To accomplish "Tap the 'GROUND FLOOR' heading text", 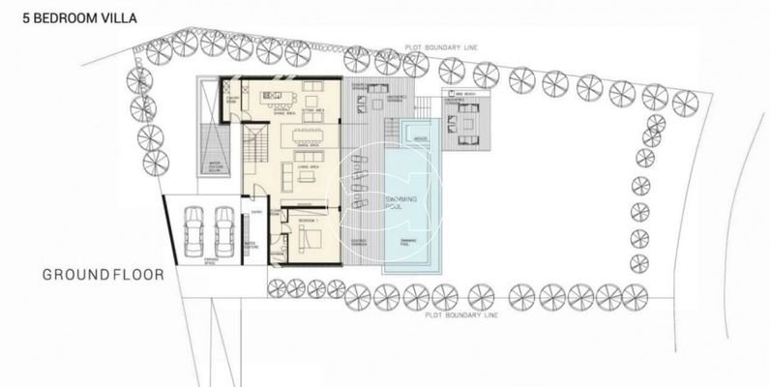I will pyautogui.click(x=103, y=275).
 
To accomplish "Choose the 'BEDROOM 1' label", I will pyautogui.click(x=307, y=222).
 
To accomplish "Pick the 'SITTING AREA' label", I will pyautogui.click(x=313, y=111).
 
